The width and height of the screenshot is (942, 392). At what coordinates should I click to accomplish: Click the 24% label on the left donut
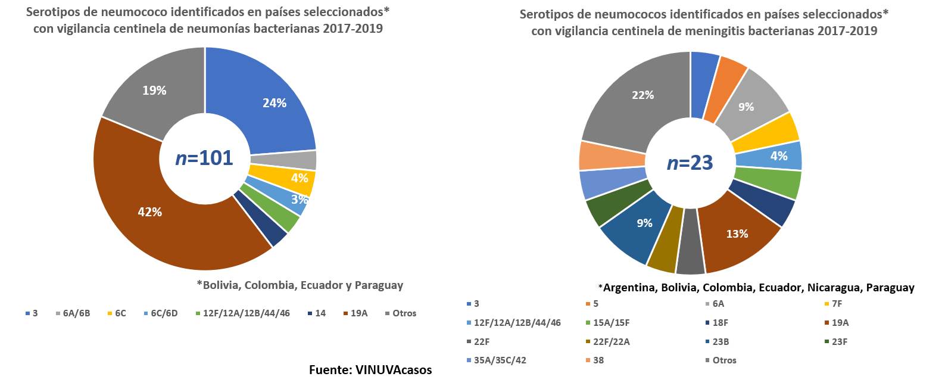[275, 103]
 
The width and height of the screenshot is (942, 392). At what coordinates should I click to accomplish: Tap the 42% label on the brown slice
[149, 212]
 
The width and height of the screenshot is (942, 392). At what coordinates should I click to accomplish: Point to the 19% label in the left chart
[154, 91]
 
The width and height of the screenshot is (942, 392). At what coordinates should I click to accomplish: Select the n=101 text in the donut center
[204, 158]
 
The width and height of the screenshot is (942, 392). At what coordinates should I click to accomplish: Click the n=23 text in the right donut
[690, 163]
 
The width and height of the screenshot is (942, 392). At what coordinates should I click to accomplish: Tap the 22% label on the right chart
[642, 95]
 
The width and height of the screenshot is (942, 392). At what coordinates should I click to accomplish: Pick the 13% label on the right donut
[737, 234]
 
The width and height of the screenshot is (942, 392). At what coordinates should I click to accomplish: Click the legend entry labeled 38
[598, 360]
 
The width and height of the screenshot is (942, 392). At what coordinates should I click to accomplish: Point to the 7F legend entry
[837, 304]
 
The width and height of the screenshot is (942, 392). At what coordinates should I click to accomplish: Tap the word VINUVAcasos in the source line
[394, 370]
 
